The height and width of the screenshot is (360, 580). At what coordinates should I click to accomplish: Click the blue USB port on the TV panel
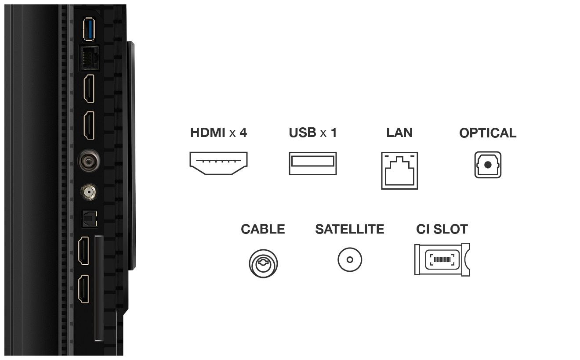click(x=89, y=29)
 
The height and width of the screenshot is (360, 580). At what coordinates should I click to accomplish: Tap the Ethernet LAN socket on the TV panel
click(x=89, y=58)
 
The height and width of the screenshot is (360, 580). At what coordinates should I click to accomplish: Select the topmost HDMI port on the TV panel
click(x=89, y=88)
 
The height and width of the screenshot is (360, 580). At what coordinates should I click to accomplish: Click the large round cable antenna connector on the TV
click(x=89, y=161)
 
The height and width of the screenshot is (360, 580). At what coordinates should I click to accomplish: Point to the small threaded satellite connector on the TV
click(x=89, y=192)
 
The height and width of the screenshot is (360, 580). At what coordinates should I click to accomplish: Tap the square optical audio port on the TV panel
click(x=89, y=219)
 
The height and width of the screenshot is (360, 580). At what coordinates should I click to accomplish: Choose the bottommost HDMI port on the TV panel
click(x=83, y=289)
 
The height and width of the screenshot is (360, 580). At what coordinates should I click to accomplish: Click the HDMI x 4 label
click(x=218, y=133)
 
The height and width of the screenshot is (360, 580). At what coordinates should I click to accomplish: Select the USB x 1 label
click(x=313, y=133)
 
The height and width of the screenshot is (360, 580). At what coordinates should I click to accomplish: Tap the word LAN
click(x=399, y=133)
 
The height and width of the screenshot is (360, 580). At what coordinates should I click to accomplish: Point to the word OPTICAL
click(x=488, y=133)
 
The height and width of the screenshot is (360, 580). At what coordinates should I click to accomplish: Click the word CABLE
click(x=263, y=229)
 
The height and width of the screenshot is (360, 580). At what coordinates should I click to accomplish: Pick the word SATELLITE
click(x=350, y=229)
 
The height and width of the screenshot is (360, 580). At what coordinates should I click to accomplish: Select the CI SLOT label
click(x=442, y=229)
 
